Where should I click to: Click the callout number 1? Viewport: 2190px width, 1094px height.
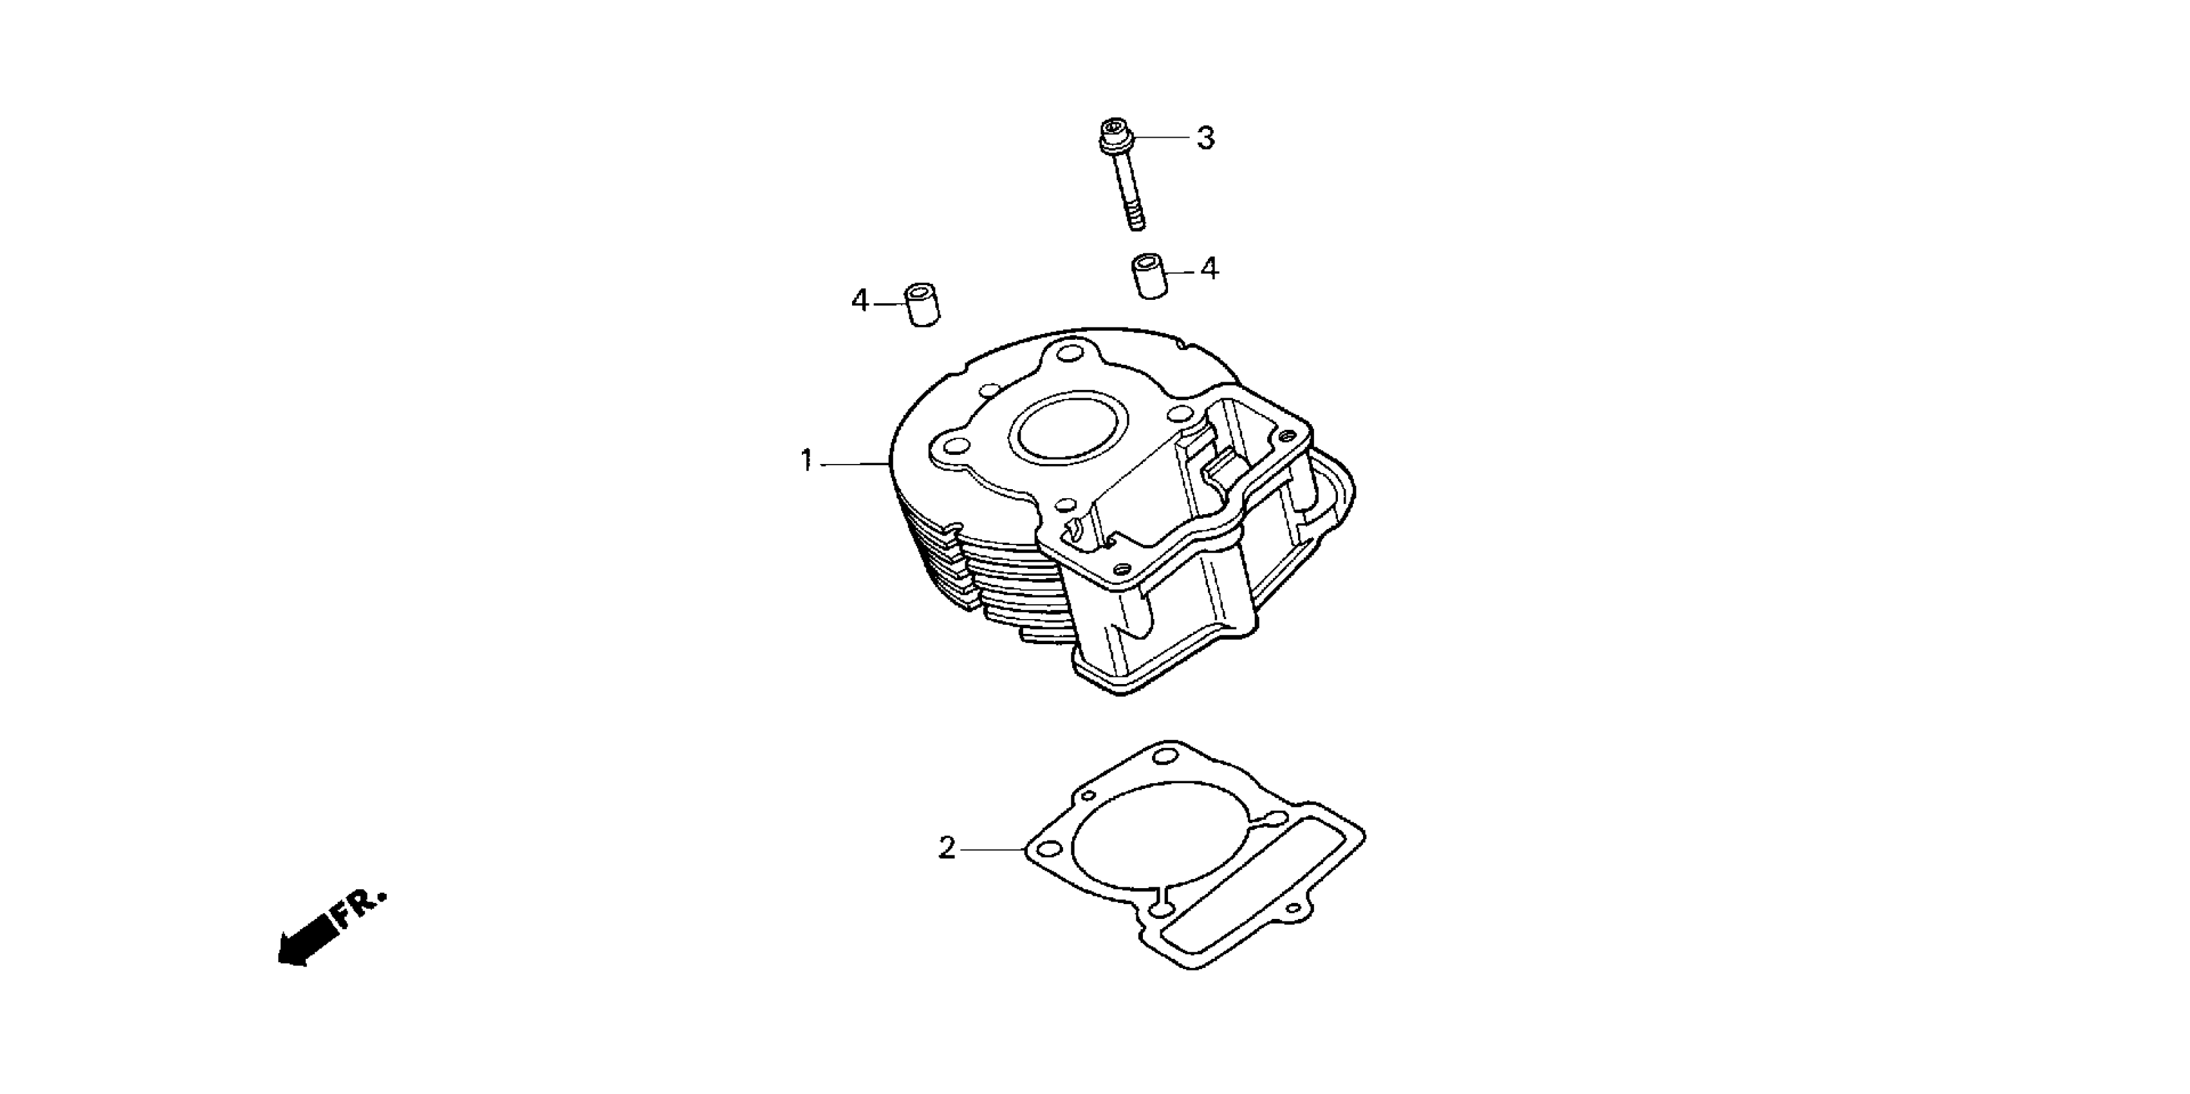click(807, 461)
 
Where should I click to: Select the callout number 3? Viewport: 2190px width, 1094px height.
click(1205, 138)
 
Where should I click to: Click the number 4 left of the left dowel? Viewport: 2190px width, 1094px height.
click(860, 301)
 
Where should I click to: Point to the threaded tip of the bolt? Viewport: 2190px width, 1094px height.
click(1137, 220)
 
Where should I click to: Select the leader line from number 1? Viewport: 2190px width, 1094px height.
click(853, 463)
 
